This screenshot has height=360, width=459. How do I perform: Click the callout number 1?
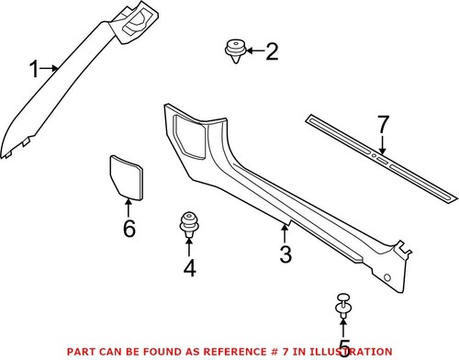(35, 69)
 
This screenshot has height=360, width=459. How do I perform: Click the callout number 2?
(271, 51)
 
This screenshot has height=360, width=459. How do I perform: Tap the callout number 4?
(188, 268)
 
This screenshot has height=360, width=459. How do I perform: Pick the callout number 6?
(129, 229)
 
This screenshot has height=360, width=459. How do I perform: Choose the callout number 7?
(384, 122)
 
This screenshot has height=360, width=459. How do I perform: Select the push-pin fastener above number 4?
(188, 223)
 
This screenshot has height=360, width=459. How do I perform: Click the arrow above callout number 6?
(129, 206)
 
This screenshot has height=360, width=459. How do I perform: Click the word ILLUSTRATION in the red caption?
(350, 352)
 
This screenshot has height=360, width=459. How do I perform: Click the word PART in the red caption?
(77, 352)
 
